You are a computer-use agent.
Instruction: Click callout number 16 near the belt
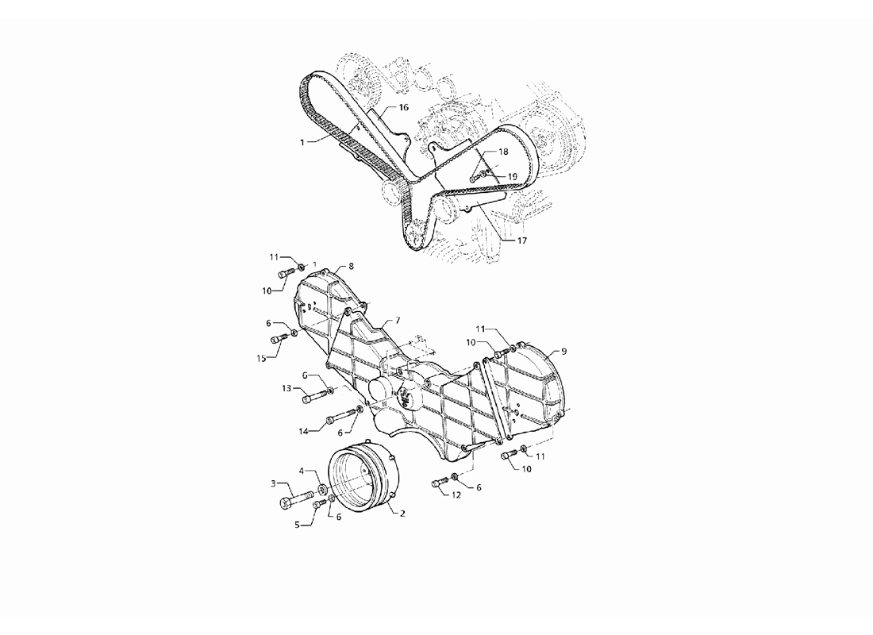click(404, 107)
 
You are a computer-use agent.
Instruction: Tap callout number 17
click(521, 241)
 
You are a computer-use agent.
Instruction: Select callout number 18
click(503, 152)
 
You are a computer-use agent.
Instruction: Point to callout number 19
click(512, 176)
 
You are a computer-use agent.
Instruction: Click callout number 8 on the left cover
click(352, 266)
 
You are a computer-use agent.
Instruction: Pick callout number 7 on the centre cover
click(398, 321)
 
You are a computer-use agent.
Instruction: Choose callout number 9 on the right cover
click(564, 351)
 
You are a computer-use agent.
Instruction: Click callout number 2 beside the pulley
click(402, 513)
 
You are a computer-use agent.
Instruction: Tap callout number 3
click(273, 483)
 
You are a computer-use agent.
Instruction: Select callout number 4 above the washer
click(302, 471)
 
